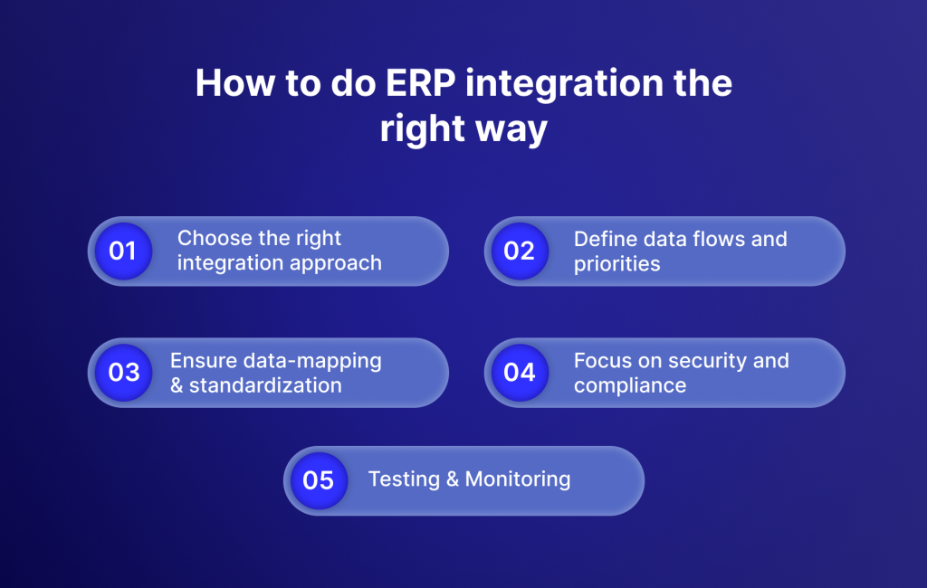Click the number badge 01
[122, 251]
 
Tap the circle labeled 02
[519, 251]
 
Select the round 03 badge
[124, 373]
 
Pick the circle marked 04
[520, 373]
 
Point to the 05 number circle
[319, 480]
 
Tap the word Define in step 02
[604, 239]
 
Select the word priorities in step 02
[616, 264]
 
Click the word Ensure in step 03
[202, 361]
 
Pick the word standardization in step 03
[265, 385]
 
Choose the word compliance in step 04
[630, 385]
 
